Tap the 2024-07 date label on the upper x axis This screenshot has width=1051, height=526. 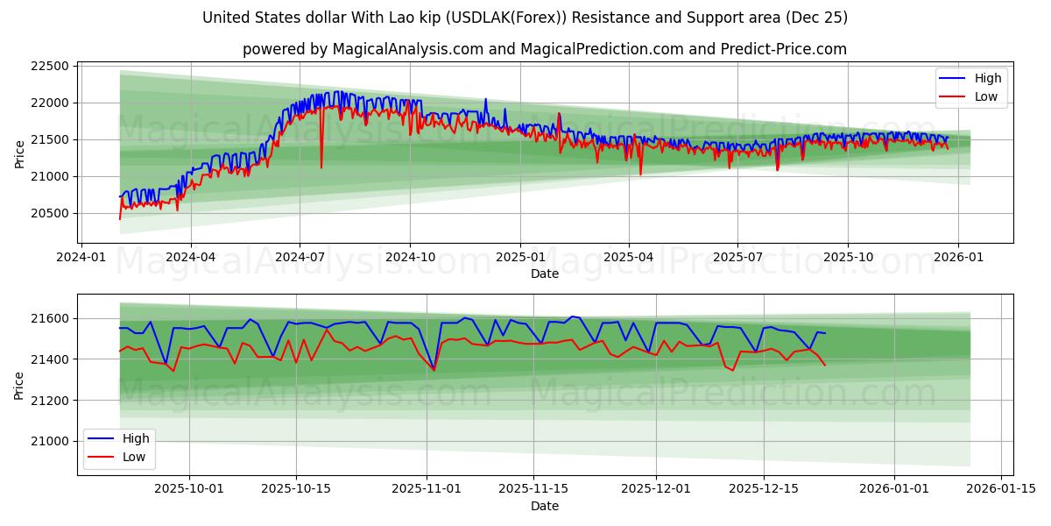click(x=300, y=258)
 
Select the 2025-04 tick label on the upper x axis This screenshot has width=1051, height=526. click(x=629, y=258)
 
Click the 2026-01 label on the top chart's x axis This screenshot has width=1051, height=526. click(x=957, y=258)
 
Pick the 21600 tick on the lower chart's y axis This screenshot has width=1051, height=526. click(x=51, y=318)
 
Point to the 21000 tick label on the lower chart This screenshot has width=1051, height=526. click(x=51, y=442)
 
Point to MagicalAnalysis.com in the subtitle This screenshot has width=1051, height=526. click(x=408, y=49)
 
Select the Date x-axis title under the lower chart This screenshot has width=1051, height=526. click(x=545, y=506)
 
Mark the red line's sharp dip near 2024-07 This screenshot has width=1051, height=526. click(x=321, y=167)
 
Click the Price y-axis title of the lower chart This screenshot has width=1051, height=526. click(x=19, y=384)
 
